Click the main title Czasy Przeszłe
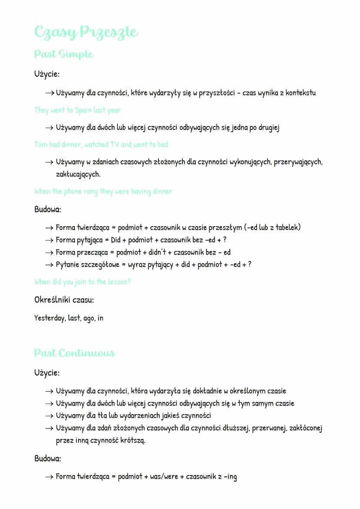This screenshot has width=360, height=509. (x=86, y=32)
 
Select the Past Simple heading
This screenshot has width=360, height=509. (x=63, y=54)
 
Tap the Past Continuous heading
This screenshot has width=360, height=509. (x=74, y=353)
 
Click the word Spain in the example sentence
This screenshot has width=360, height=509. (x=83, y=110)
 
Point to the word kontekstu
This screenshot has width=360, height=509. (x=300, y=93)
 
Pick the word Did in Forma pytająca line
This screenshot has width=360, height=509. (x=115, y=240)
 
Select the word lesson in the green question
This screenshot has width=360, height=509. (x=117, y=282)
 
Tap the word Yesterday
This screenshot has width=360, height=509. (x=50, y=318)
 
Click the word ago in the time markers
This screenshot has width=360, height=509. (x=89, y=318)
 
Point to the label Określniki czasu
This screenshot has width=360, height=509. (x=64, y=299)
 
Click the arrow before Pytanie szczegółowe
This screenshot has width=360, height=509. (x=49, y=265)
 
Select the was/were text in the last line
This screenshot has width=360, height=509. (x=164, y=476)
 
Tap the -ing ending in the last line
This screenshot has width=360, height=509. (x=230, y=477)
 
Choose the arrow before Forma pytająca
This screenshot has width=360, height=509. (x=49, y=240)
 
